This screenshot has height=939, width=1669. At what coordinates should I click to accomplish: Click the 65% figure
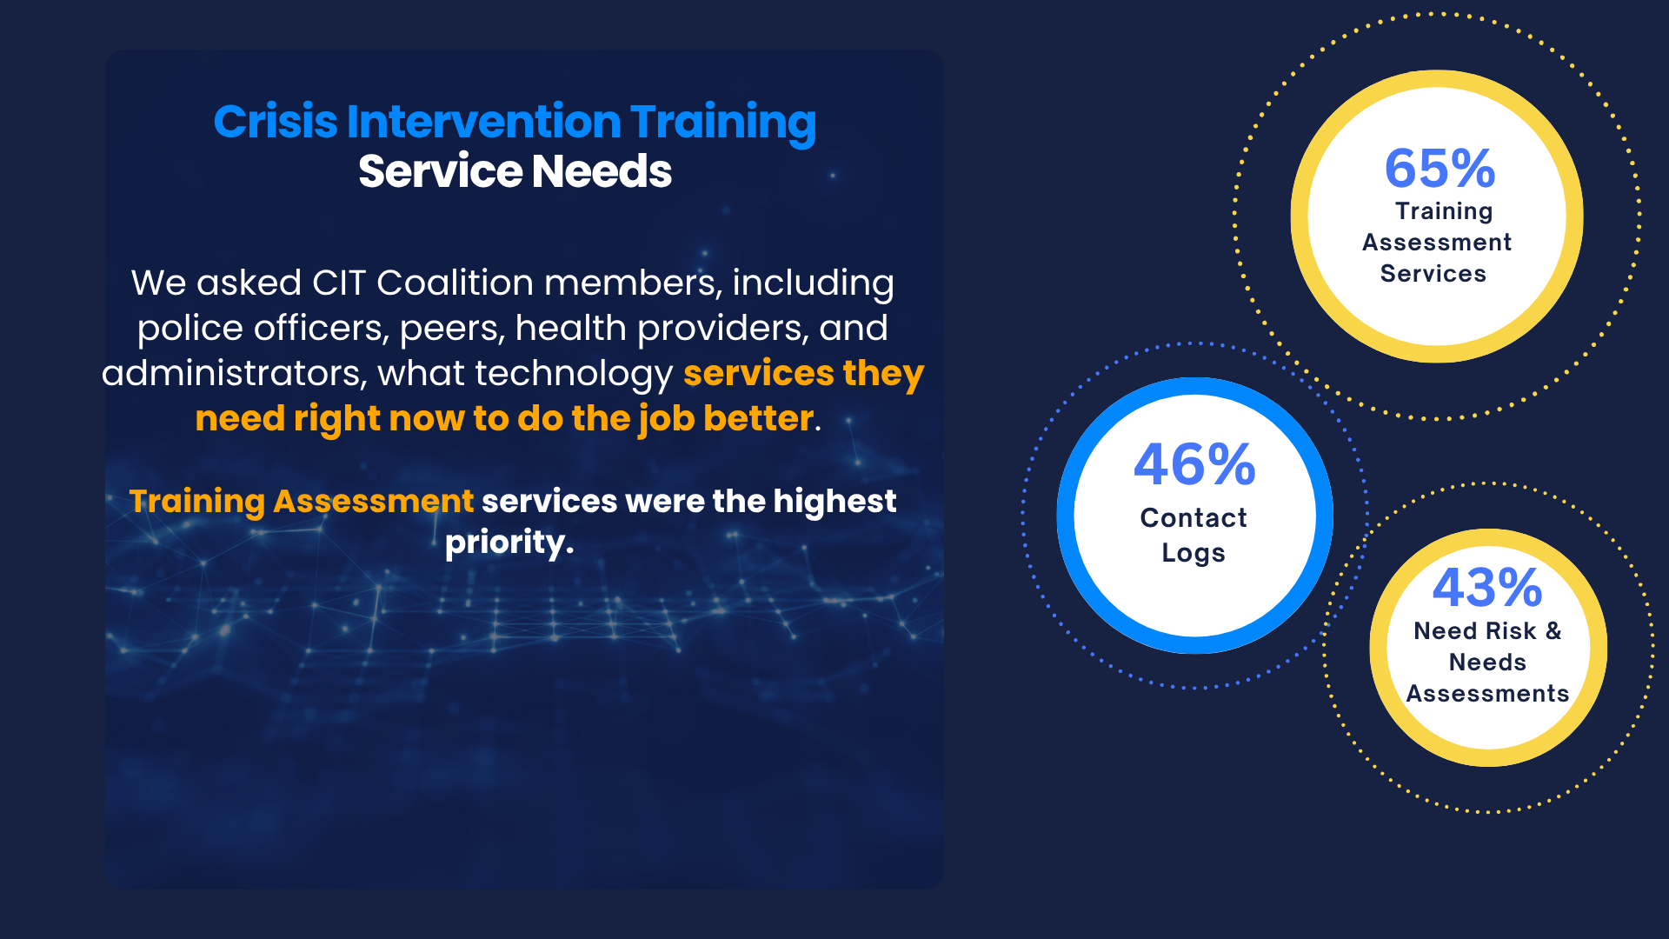coord(1440,168)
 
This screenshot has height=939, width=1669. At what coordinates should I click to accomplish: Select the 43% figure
coord(1487,588)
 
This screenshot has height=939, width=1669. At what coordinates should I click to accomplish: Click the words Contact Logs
coord(1194,535)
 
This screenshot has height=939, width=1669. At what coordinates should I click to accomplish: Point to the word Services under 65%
coord(1433,273)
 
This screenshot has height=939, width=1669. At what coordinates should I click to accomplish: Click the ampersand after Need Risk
coord(1553,630)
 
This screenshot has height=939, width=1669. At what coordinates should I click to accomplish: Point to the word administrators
coord(235,373)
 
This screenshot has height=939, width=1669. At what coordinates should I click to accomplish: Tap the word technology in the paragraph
coord(574,374)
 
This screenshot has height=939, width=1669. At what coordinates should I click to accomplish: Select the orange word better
coord(758,418)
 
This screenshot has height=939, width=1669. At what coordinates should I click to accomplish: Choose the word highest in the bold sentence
coord(834,502)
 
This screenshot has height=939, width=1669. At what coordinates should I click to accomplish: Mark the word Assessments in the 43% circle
coord(1487,693)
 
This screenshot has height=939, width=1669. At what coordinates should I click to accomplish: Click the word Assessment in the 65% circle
coord(1437,242)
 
